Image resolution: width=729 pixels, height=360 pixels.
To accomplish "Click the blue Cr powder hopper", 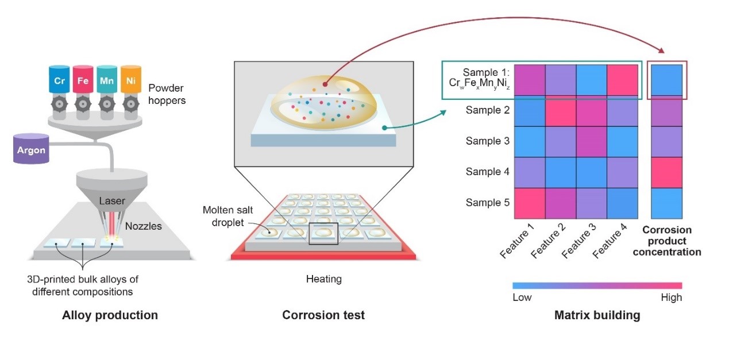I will pyautogui.click(x=59, y=80).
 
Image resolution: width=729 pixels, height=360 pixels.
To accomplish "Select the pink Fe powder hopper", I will pyautogui.click(x=83, y=80).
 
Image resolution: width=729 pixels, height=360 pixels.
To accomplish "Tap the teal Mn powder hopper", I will pyautogui.click(x=107, y=80).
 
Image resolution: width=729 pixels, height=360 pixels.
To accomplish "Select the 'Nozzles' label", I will pyautogui.click(x=144, y=226).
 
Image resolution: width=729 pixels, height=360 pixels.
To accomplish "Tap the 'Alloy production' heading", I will pyautogui.click(x=110, y=315).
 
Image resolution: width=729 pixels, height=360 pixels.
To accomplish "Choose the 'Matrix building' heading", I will pyautogui.click(x=597, y=315).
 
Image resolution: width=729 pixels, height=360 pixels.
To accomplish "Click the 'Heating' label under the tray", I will pyautogui.click(x=323, y=280).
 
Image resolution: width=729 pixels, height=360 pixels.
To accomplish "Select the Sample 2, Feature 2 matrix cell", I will pyautogui.click(x=560, y=111).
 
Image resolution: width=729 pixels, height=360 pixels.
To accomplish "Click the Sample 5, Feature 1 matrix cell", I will pyautogui.click(x=529, y=203).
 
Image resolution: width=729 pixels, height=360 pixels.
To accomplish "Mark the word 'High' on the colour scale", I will pyautogui.click(x=671, y=297).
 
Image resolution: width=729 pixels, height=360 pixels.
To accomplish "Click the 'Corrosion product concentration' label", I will pyautogui.click(x=666, y=241).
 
